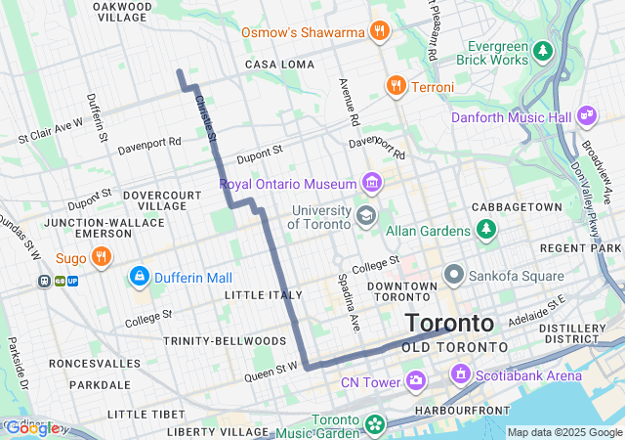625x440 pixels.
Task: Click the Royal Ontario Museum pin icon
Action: (x=371, y=182)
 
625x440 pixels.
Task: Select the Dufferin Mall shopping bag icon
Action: (x=139, y=278)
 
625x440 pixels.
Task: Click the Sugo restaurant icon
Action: (x=101, y=257)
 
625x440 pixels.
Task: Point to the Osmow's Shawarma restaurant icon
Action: (x=380, y=31)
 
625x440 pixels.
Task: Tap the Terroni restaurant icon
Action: (x=396, y=86)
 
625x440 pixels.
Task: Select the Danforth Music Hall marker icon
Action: (x=587, y=116)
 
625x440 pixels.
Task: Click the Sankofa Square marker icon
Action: (x=453, y=276)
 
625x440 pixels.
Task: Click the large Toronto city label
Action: (x=449, y=323)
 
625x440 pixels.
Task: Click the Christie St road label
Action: (x=205, y=116)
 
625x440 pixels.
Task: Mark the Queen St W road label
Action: (x=271, y=371)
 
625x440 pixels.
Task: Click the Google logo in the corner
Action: (x=31, y=427)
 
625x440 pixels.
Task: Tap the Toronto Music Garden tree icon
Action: (x=375, y=424)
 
